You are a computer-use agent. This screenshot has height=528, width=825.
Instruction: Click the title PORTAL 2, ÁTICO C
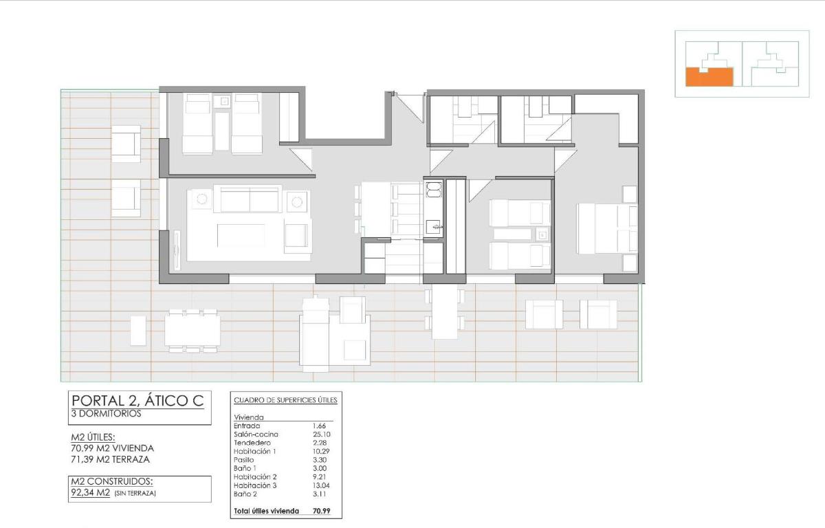[x=138, y=401]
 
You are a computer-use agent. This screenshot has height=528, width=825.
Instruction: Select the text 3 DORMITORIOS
[x=107, y=415]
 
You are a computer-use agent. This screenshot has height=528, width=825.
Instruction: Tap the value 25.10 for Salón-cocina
[x=322, y=434]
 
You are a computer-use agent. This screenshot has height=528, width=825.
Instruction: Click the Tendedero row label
[x=252, y=443]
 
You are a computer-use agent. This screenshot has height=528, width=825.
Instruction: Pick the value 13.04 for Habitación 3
[x=322, y=485]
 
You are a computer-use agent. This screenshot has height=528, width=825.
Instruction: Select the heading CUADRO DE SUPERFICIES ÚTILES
[x=285, y=400]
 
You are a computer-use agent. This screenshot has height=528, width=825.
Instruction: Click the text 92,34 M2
[x=89, y=492]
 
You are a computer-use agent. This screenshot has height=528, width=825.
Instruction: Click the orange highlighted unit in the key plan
[x=709, y=76]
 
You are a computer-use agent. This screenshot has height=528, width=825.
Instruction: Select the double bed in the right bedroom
[x=605, y=228]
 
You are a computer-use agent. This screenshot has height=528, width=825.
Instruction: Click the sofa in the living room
[x=248, y=199]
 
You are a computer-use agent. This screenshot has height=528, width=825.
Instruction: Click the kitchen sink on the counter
[x=433, y=226]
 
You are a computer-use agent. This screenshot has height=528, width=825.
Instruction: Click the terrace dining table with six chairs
[x=192, y=330]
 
